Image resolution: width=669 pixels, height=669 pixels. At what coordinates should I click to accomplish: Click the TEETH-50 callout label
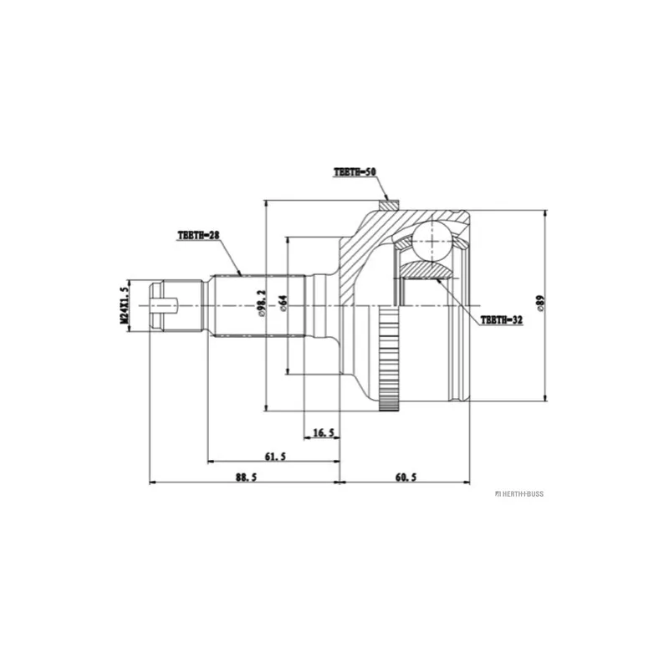(355, 172)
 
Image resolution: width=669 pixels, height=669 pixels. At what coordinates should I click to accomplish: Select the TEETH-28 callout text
(198, 235)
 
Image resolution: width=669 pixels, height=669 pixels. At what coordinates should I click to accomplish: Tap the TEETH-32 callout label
(501, 319)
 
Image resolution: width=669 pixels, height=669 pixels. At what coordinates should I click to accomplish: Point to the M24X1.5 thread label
(124, 304)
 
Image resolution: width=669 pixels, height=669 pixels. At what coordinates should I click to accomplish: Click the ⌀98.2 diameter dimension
(262, 304)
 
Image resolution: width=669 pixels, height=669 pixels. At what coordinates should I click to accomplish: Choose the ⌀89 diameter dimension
(539, 303)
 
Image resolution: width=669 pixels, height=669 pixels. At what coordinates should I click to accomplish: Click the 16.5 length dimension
(324, 433)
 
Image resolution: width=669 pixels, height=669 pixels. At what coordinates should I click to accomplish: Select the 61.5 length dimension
(275, 457)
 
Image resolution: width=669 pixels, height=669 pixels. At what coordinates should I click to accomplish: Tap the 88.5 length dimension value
(246, 477)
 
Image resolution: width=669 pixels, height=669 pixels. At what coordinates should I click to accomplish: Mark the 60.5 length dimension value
(406, 477)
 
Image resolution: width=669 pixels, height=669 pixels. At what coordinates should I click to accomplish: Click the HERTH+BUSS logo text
(519, 494)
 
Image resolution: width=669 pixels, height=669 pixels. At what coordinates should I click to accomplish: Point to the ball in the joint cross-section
(432, 241)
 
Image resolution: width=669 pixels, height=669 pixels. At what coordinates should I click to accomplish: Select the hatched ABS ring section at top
(389, 205)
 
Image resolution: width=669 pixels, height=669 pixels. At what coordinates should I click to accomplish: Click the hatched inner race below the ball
(426, 270)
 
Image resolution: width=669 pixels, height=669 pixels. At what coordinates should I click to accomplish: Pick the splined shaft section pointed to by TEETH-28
(259, 305)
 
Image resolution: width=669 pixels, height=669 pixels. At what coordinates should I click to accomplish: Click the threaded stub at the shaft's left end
(176, 304)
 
